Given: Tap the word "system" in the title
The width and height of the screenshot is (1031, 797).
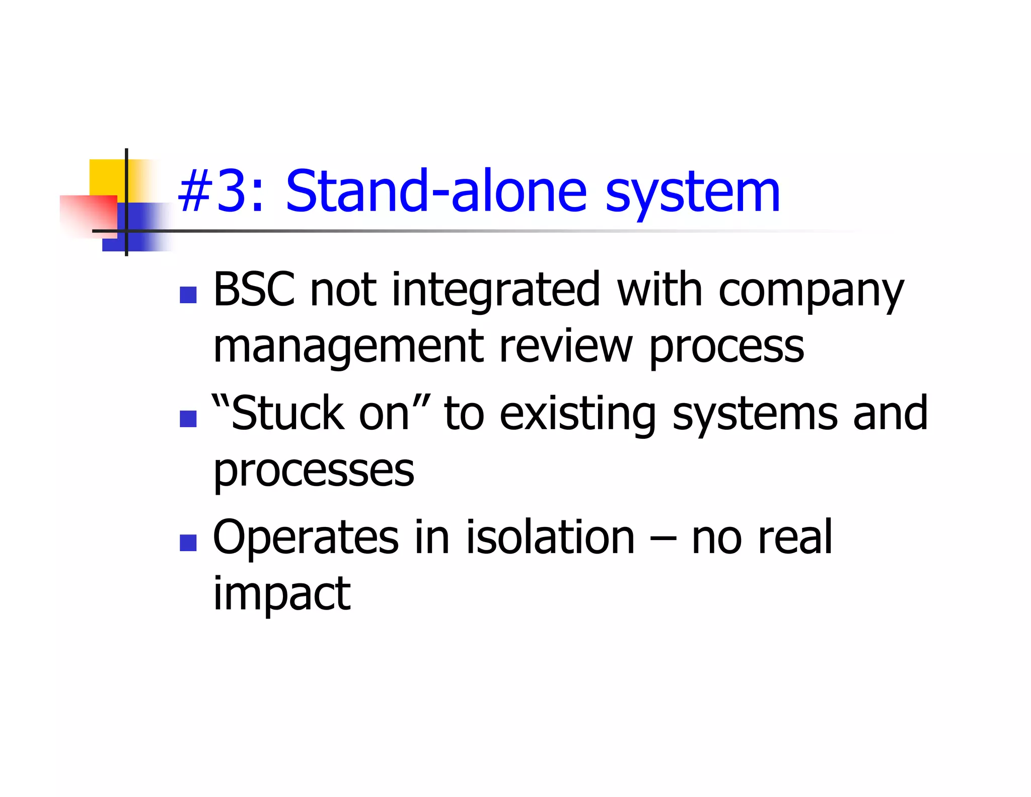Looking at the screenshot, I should point(692,194).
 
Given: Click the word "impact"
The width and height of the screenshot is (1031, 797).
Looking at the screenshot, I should point(281,594).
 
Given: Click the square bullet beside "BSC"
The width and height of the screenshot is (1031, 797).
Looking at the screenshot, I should point(188,295).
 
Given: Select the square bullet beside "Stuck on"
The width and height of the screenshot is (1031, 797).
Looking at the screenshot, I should point(188,419).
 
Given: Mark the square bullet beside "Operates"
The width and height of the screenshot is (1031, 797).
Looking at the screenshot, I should point(188,543).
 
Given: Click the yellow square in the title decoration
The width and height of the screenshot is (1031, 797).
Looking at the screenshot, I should point(106,176).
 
